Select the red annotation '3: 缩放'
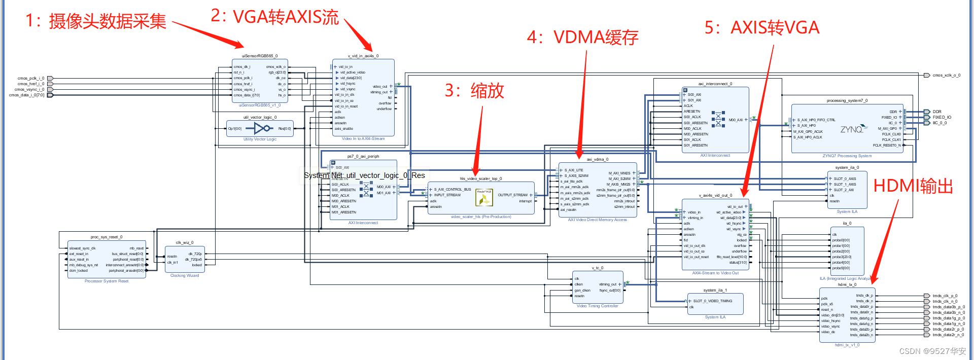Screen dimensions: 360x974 (474, 91)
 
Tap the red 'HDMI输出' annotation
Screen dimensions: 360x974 (913, 186)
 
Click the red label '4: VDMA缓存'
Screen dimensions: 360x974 (582, 38)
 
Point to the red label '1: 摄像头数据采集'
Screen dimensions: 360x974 (96, 21)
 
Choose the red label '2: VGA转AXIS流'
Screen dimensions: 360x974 (274, 17)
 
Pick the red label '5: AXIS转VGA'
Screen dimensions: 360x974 (762, 27)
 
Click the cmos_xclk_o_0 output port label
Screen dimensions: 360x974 (946, 76)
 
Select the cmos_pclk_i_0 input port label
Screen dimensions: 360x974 (30, 79)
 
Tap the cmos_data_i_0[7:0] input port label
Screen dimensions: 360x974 (26, 95)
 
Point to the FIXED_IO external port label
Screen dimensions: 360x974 (942, 117)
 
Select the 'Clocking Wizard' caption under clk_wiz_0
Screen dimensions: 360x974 (185, 276)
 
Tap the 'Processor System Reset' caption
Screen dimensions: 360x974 (107, 281)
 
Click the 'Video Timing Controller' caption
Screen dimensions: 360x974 (597, 306)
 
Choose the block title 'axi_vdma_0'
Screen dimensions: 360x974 (597, 159)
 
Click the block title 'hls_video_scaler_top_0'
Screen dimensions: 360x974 (480, 178)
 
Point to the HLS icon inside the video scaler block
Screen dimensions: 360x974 (484, 198)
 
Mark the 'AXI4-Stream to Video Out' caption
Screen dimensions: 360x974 (715, 273)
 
